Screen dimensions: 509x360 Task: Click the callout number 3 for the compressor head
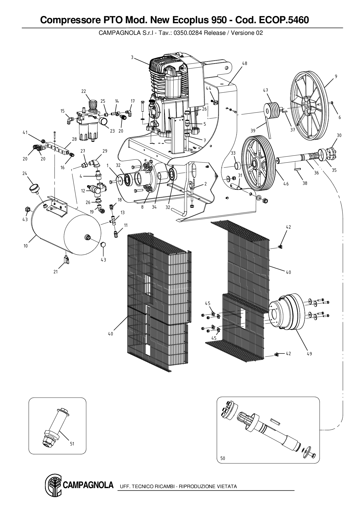(132, 57)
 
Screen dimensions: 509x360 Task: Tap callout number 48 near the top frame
(245, 63)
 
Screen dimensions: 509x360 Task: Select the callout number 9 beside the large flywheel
(336, 76)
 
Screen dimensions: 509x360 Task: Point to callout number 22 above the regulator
(84, 91)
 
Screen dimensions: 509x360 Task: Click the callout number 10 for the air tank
(26, 246)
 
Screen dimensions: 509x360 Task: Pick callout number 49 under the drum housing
(309, 354)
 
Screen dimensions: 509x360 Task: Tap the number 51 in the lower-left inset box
(72, 444)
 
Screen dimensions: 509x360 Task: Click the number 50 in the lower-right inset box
(223, 458)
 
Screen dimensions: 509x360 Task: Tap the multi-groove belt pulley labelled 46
(255, 164)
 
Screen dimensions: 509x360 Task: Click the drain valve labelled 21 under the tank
(66, 259)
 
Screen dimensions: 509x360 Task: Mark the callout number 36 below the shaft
(316, 173)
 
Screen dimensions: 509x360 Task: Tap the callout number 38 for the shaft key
(305, 183)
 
